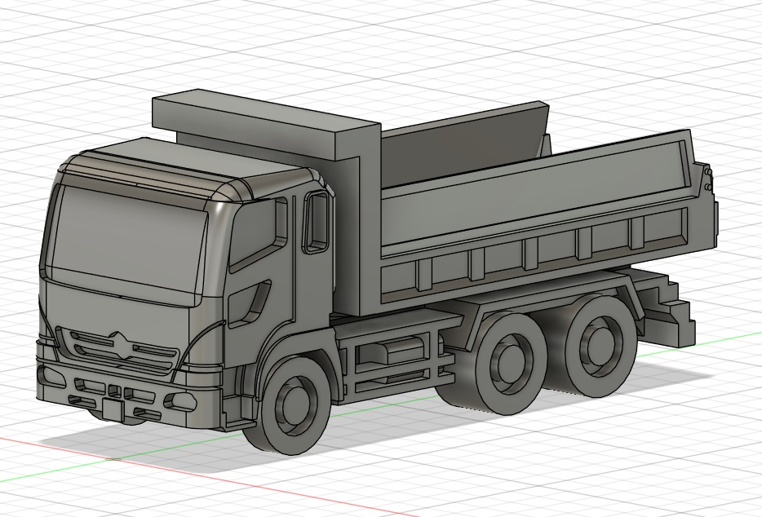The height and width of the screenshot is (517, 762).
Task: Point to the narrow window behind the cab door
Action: pos(316,221)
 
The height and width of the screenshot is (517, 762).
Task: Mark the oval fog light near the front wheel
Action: pos(181,401)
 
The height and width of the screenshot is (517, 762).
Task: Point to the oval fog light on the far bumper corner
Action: pos(51,376)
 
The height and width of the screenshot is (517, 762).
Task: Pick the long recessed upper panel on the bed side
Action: pos(530,196)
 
